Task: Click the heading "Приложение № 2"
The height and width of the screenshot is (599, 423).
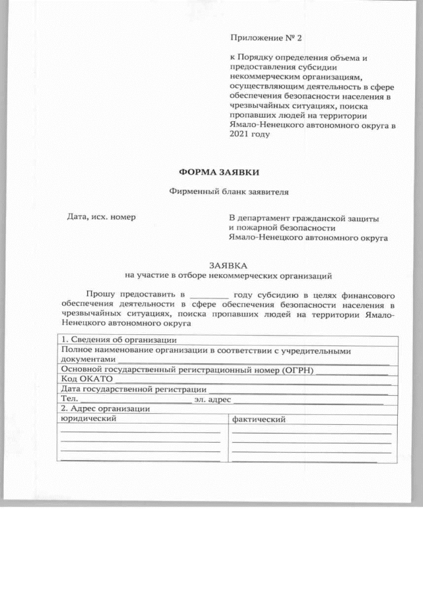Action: click(260, 39)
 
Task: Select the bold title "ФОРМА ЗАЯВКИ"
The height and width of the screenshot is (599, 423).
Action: click(211, 171)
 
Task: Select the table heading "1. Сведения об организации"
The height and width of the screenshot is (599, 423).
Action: click(114, 340)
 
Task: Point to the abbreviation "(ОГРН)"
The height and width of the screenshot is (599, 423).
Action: click(296, 369)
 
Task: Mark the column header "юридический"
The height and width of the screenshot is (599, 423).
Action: click(89, 419)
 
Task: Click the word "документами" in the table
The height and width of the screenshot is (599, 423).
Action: click(88, 359)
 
